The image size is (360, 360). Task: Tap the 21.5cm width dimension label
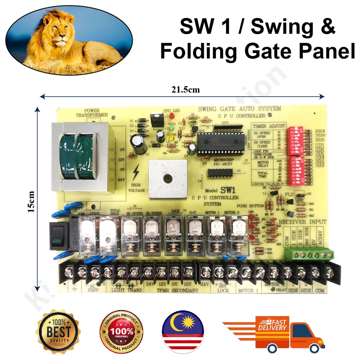click(x=186, y=90)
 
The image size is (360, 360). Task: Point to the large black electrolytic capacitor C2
click(x=139, y=144)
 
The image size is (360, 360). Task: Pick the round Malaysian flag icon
click(x=182, y=332)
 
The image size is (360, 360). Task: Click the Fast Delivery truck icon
click(x=274, y=334)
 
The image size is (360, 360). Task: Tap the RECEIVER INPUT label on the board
click(x=303, y=222)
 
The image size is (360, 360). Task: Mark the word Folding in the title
click(x=198, y=51)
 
